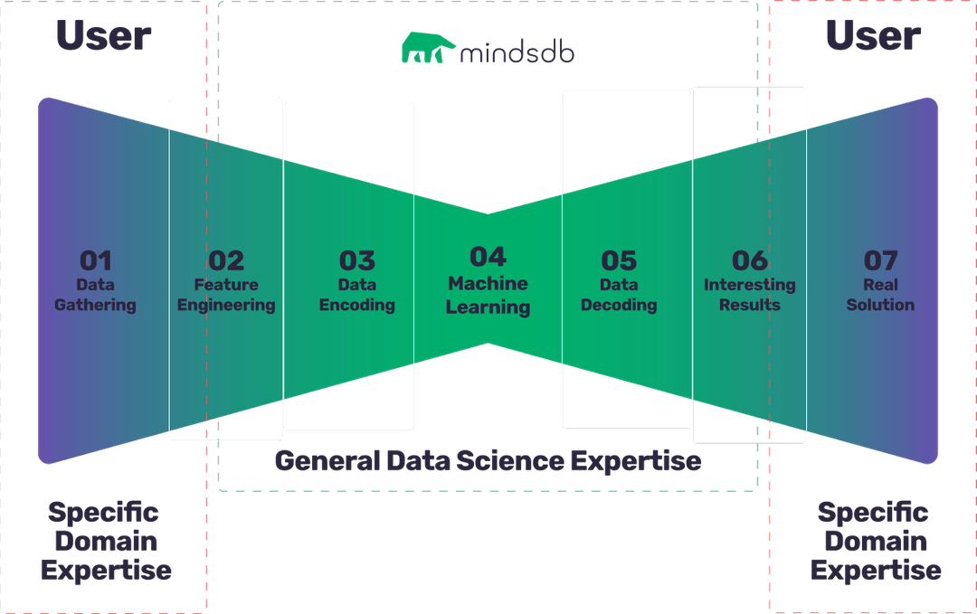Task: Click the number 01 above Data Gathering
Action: [95, 260]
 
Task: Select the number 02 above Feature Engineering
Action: [226, 260]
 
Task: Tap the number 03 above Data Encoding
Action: [357, 260]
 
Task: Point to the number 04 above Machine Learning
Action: [488, 257]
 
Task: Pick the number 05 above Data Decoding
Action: [619, 260]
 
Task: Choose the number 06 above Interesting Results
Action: [750, 260]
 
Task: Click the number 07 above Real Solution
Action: [880, 260]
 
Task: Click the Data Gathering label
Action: [95, 295]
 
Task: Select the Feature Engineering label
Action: [226, 295]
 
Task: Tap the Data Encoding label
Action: [357, 295]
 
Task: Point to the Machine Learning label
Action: [488, 295]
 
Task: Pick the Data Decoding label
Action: [619, 295]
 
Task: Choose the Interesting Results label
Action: [750, 295]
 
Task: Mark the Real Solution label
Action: [880, 295]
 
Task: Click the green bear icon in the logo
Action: [427, 51]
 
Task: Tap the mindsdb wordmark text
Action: [517, 52]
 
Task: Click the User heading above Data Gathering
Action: [103, 36]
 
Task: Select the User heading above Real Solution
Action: [873, 36]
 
